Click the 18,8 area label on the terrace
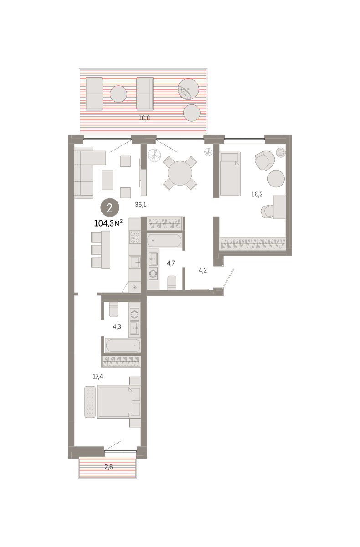point(144,118)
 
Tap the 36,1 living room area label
point(141,205)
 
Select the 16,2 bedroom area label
point(257,194)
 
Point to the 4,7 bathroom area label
point(170,263)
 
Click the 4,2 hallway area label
point(203,270)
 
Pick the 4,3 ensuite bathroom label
point(117,327)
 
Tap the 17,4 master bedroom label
point(98,377)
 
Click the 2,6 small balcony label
point(108,467)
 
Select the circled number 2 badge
point(109,208)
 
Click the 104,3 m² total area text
point(108,223)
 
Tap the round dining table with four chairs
point(180,173)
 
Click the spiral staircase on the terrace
point(188,89)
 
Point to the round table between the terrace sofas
point(118,94)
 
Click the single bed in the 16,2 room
point(230,174)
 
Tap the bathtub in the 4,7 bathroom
point(164,241)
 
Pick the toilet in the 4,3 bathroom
point(113,310)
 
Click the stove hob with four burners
point(135,237)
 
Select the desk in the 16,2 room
point(279,207)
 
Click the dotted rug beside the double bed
point(90,402)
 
